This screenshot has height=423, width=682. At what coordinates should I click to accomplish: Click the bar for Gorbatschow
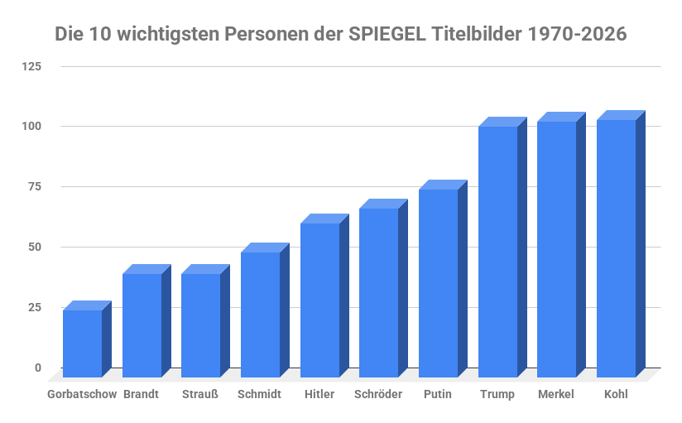(x=82, y=344)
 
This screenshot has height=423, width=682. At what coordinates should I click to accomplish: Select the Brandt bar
(x=142, y=325)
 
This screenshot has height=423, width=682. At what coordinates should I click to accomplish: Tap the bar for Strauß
(x=200, y=325)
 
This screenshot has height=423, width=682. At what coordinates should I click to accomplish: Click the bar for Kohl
(x=616, y=248)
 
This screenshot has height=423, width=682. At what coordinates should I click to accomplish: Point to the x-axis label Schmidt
(x=259, y=394)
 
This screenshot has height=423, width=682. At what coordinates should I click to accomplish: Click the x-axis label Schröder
(x=377, y=394)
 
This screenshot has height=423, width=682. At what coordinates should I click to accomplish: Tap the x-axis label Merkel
(x=555, y=394)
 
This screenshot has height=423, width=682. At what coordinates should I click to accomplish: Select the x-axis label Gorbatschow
(x=82, y=394)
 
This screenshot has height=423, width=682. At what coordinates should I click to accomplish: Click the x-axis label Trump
(x=497, y=394)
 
